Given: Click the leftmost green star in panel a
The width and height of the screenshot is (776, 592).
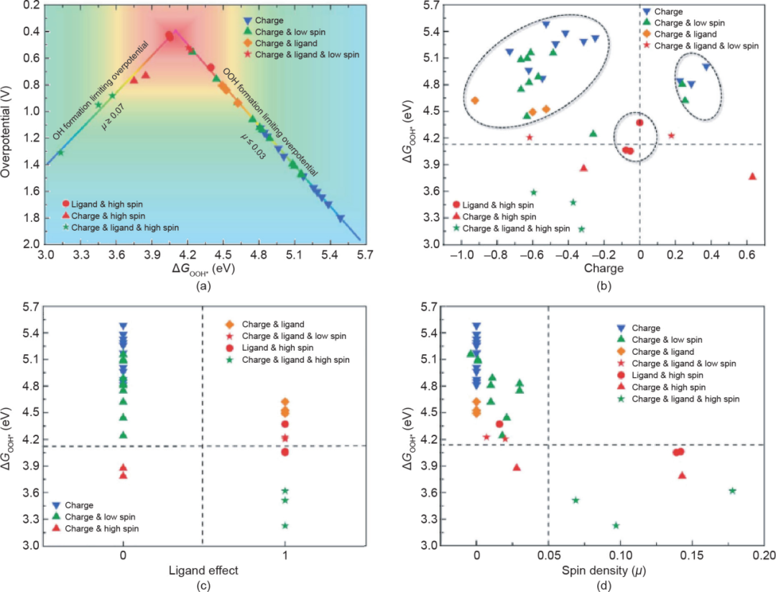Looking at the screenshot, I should pyautogui.click(x=60, y=152).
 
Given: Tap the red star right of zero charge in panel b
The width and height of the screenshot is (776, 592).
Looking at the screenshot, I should pyautogui.click(x=671, y=135).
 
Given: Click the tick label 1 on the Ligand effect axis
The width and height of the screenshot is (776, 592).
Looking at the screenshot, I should pyautogui.click(x=285, y=556).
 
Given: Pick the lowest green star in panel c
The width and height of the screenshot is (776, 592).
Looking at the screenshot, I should pyautogui.click(x=285, y=525).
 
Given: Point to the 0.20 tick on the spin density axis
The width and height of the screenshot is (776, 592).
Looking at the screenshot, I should pyautogui.click(x=763, y=556).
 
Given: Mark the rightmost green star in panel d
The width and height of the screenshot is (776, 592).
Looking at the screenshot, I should pyautogui.click(x=732, y=491).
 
